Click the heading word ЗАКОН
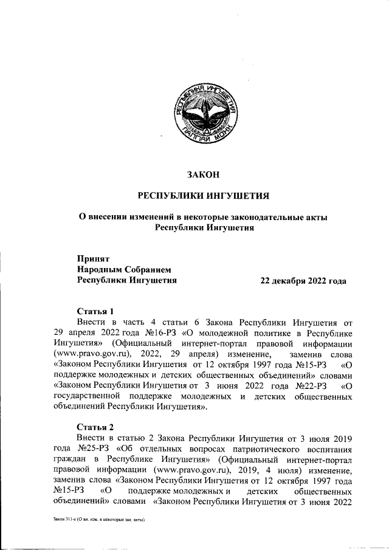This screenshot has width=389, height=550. [203, 175]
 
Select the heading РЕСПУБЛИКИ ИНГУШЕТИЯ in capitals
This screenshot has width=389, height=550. [203, 195]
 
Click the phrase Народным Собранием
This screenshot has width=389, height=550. [124, 269]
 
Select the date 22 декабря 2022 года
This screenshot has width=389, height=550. [303, 281]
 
